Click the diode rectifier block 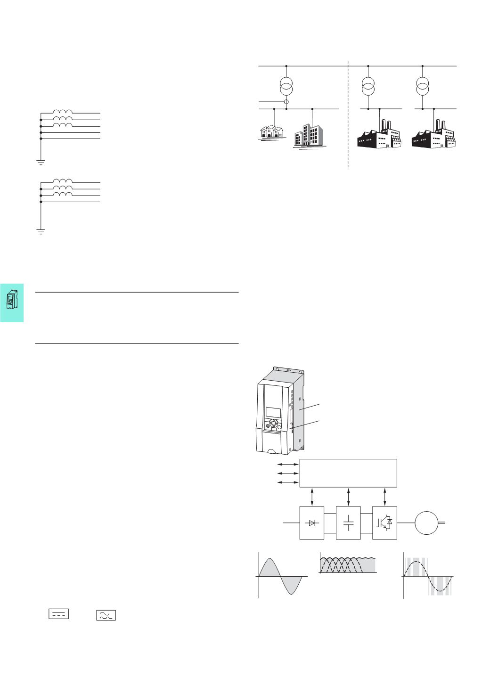(312, 523)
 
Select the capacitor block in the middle (348, 523)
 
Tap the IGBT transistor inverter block (385, 523)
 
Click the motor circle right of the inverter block (426, 523)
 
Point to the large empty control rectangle (349, 473)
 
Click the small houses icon (272, 131)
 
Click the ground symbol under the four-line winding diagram (41, 231)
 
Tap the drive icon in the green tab (12, 300)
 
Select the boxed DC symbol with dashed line (59, 613)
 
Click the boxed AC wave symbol (106, 615)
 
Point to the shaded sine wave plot (282, 575)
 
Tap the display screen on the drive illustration (273, 411)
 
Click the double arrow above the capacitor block (348, 496)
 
